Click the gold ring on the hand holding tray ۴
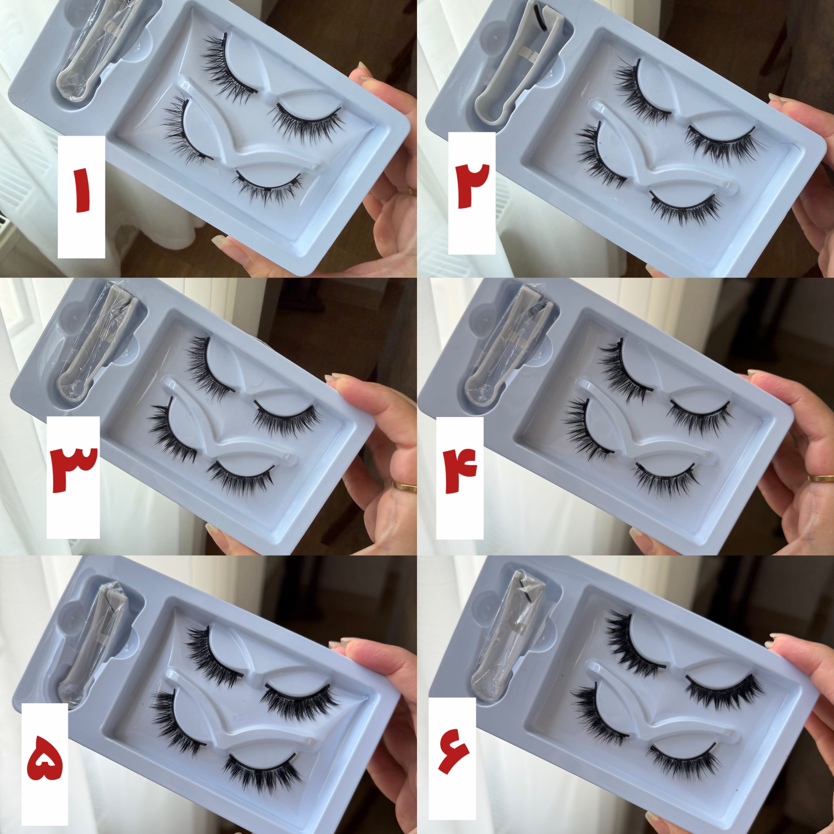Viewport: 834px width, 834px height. (x=821, y=478)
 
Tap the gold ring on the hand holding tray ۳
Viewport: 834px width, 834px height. (x=404, y=486)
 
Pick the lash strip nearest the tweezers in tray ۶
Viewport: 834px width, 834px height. (x=635, y=643)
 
